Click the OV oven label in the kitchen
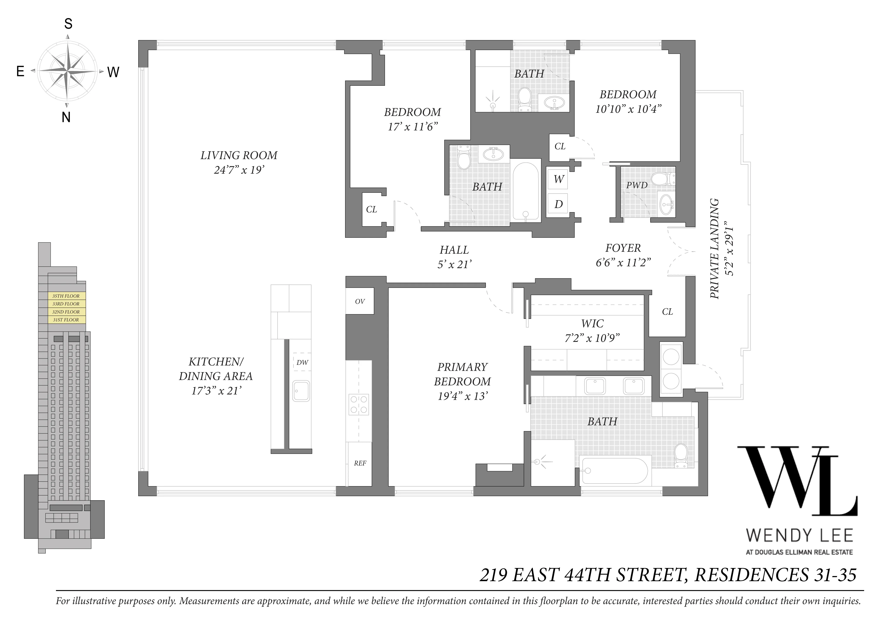(x=360, y=301)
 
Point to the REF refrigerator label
(x=360, y=463)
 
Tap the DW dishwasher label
(x=302, y=363)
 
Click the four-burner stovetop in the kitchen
(x=359, y=404)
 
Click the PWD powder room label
(x=637, y=185)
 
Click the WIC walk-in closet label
(x=592, y=324)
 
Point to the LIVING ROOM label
(x=239, y=156)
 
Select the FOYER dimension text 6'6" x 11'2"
(x=623, y=263)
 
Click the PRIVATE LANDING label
(x=715, y=249)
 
